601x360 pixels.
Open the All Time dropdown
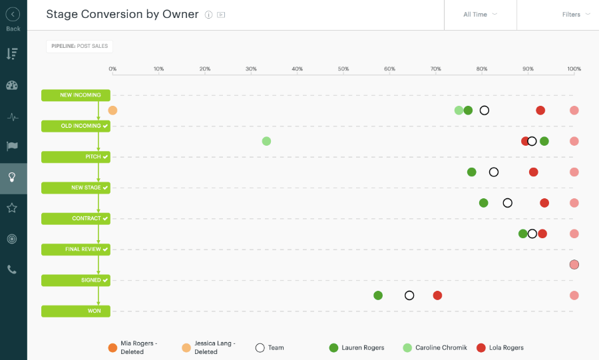[x=480, y=15]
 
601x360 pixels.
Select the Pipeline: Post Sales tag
[x=79, y=46]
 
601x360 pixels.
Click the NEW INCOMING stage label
[x=76, y=95]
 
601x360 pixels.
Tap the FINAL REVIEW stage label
[x=76, y=250]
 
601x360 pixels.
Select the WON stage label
[x=76, y=311]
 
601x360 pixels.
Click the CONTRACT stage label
[x=76, y=218]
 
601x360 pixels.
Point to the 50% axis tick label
[x=343, y=69]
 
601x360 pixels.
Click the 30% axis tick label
[x=251, y=69]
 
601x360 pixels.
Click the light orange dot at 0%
[x=112, y=110]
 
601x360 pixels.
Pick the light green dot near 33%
[x=266, y=141]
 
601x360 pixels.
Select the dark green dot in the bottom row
[x=378, y=295]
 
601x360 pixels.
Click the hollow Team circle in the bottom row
[x=409, y=295]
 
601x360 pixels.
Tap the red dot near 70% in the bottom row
[x=437, y=295]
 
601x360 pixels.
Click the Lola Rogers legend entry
[x=500, y=347]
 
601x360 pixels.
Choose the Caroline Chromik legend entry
[x=433, y=347]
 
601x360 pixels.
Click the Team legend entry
[x=270, y=347]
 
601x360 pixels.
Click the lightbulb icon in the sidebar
[x=12, y=177]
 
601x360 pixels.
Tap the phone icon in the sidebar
[x=12, y=270]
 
